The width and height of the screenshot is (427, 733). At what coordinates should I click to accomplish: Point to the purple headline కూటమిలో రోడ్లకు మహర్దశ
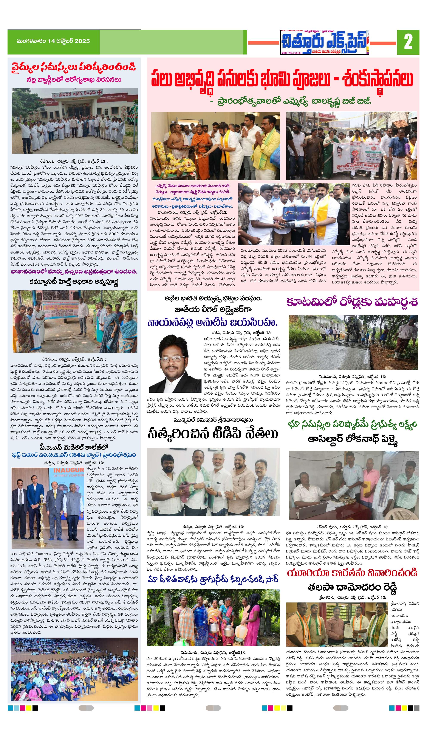point(352,302)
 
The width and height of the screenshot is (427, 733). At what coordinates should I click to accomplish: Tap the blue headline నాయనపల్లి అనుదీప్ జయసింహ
point(213,323)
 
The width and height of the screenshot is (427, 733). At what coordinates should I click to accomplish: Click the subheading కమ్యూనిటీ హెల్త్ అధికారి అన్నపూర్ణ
point(74,282)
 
